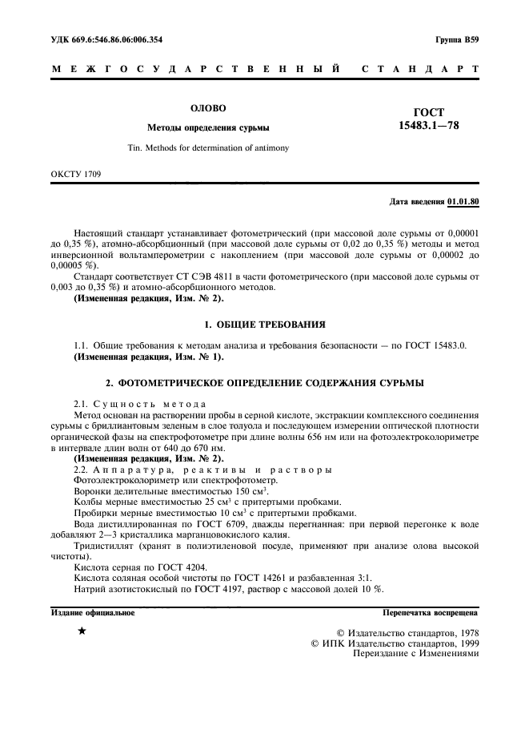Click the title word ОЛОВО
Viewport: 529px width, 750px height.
pyautogui.click(x=207, y=107)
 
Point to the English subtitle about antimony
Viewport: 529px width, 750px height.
pyautogui.click(x=208, y=147)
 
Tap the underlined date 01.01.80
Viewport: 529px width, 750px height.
pyautogui.click(x=463, y=200)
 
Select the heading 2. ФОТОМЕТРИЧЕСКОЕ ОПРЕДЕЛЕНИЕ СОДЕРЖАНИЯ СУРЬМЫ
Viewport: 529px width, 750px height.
pyautogui.click(x=264, y=383)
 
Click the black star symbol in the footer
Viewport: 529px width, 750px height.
pyautogui.click(x=82, y=631)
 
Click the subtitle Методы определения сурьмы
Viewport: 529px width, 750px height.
pyautogui.click(x=207, y=127)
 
